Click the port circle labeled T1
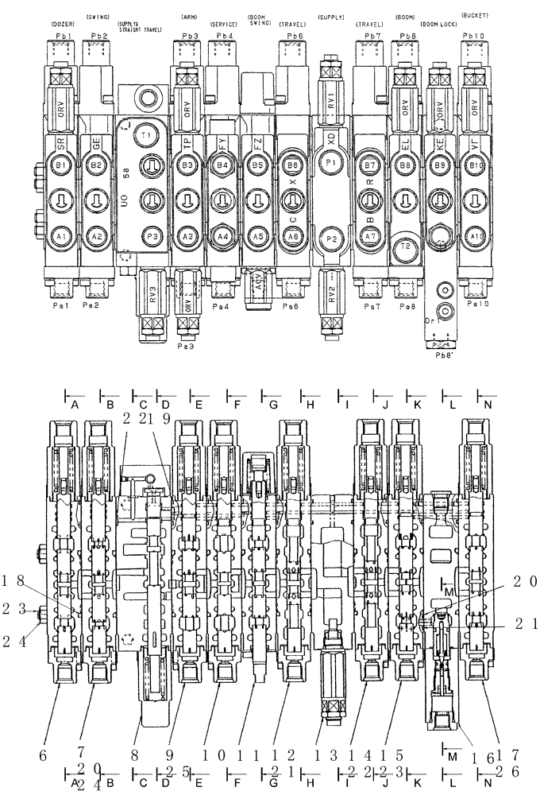click(x=145, y=136)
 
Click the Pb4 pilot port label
click(x=225, y=37)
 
